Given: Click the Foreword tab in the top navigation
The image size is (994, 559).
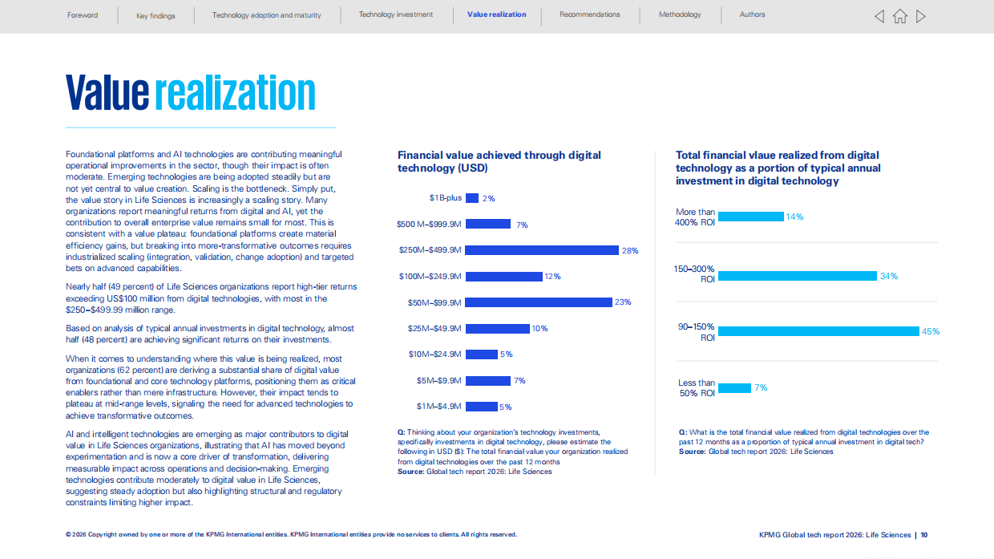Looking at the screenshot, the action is tap(83, 15).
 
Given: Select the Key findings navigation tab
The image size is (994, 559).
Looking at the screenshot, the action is tap(156, 16).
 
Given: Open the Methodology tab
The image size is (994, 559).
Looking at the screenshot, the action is tap(680, 14).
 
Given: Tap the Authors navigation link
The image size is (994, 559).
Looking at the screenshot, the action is tap(752, 14).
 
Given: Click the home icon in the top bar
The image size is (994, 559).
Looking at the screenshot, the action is tap(900, 16).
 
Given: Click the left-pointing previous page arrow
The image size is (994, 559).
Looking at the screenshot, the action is tap(879, 16).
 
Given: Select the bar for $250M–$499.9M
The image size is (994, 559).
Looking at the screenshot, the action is tap(542, 250).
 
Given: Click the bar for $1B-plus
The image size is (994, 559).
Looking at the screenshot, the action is tap(471, 198).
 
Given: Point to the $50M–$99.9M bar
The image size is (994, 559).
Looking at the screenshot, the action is tap(539, 302).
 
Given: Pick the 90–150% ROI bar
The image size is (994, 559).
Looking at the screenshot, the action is tap(818, 331).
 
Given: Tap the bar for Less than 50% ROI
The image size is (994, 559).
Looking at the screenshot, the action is tap(734, 388).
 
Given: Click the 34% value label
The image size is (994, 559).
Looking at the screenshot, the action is tap(889, 276).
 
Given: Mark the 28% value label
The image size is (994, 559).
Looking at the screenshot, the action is tap(630, 250).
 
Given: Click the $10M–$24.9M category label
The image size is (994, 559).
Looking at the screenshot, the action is tap(434, 354).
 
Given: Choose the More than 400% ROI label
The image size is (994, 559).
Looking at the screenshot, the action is tap(695, 217).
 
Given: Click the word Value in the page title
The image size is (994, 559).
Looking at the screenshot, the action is tap(107, 92).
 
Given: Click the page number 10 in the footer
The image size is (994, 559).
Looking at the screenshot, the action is tap(924, 535).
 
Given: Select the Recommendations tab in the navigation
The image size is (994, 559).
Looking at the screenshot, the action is tap(590, 14).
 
